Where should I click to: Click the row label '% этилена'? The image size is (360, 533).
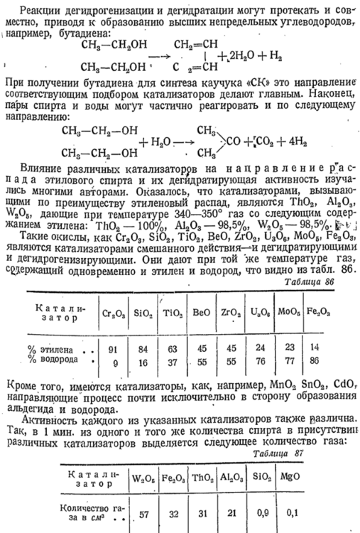coord(53,348)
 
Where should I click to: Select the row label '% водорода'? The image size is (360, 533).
coord(53,360)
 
